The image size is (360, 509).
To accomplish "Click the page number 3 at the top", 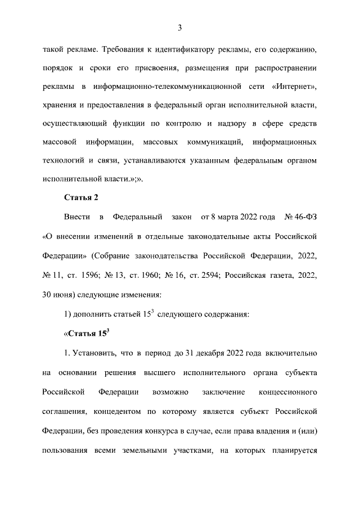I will coord(179,28).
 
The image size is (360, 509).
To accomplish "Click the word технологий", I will coord(62,161).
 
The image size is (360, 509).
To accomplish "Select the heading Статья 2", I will coord(82,197).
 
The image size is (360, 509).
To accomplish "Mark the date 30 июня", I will coord(60,294).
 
